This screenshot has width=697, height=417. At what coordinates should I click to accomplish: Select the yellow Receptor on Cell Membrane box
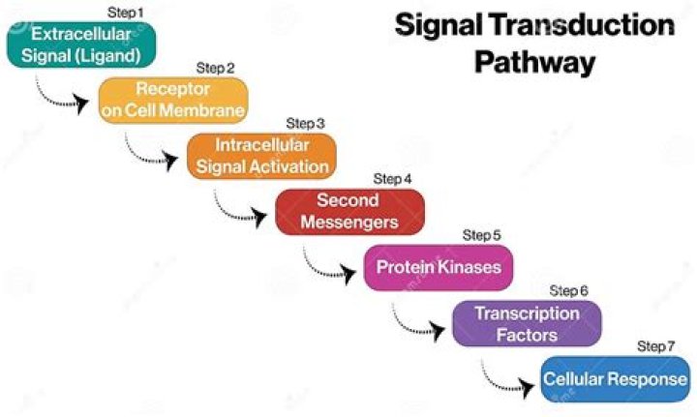[172, 100]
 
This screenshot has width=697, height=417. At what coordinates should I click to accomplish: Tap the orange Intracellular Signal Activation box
[260, 155]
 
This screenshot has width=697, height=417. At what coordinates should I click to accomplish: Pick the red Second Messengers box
[349, 211]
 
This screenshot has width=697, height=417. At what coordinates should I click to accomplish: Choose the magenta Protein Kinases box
[438, 267]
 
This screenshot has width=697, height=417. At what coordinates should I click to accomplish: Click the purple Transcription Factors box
[527, 323]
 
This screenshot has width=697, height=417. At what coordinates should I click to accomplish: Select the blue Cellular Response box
[615, 379]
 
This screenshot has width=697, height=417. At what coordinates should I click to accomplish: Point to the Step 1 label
[125, 12]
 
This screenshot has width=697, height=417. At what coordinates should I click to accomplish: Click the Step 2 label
[215, 68]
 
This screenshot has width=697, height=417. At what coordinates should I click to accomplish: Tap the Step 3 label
[305, 124]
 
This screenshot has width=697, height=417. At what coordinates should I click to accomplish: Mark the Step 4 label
[393, 180]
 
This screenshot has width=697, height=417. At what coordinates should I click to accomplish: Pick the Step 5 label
[482, 235]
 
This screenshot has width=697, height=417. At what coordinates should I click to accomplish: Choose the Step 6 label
[569, 290]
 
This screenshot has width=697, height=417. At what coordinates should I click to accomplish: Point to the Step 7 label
[656, 346]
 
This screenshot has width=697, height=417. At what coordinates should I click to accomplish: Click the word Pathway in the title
[533, 63]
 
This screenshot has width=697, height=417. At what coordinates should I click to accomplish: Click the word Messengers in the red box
[349, 223]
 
